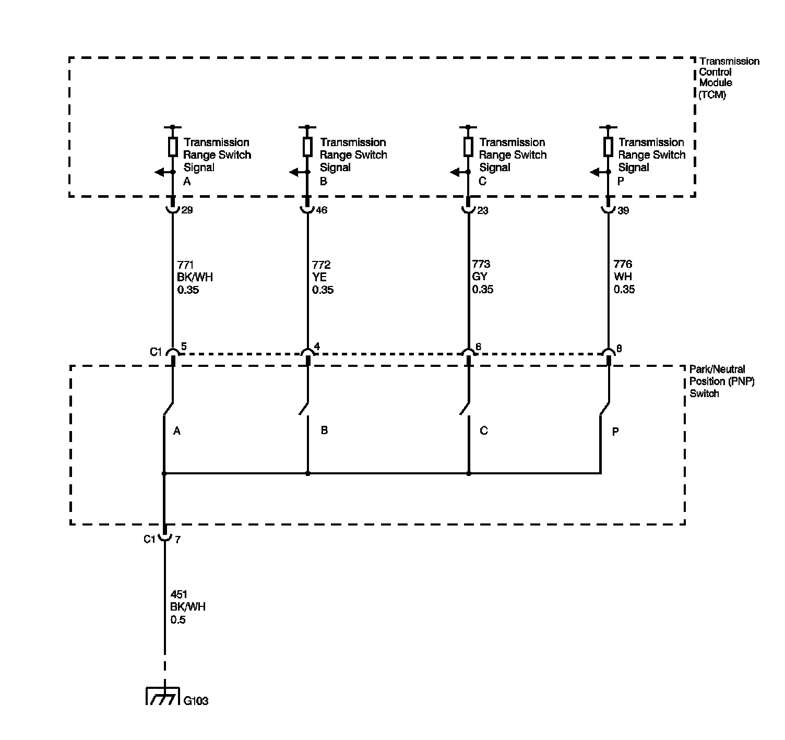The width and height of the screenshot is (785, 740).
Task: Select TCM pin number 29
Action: (x=186, y=210)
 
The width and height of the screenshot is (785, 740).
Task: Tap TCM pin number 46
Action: (x=322, y=210)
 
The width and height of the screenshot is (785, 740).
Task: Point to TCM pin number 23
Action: (x=483, y=211)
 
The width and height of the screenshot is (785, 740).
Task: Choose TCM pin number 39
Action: (x=623, y=211)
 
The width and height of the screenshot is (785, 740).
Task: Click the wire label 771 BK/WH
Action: (x=195, y=277)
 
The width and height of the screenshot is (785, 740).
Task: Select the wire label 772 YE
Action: (x=323, y=277)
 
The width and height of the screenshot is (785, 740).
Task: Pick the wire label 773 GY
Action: (x=482, y=277)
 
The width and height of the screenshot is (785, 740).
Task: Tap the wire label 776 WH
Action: (x=624, y=277)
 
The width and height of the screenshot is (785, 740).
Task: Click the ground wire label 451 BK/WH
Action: (x=188, y=607)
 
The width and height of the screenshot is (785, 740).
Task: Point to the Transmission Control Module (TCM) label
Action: (x=729, y=78)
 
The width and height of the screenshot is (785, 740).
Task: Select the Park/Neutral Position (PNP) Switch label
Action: (x=722, y=381)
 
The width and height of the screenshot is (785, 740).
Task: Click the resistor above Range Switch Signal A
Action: (x=173, y=147)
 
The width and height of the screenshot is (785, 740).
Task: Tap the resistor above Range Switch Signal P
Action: (x=608, y=147)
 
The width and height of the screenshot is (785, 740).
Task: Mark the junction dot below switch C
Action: (x=469, y=474)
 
